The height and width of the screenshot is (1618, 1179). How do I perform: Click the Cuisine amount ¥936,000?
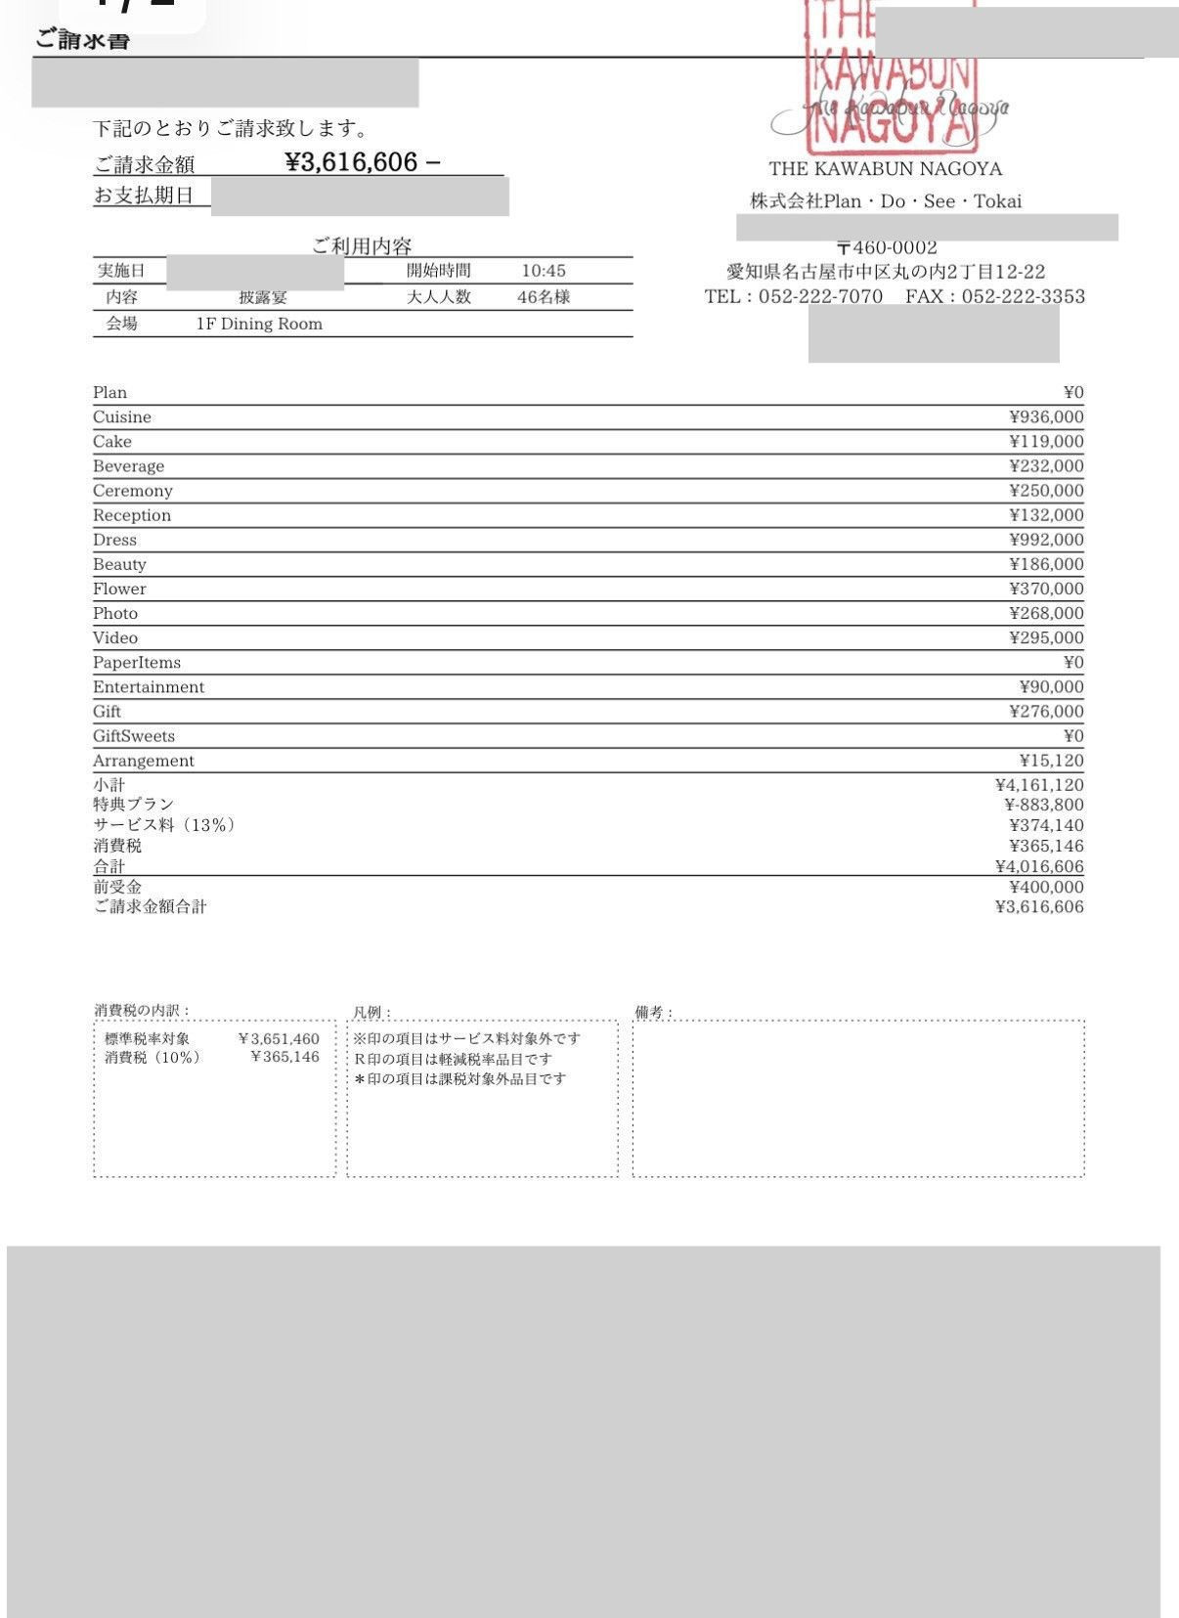(x=1046, y=417)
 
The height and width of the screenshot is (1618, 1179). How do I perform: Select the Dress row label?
(x=114, y=540)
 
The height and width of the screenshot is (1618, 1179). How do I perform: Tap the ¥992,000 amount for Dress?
(x=1046, y=540)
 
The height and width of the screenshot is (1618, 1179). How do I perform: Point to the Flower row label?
(x=119, y=589)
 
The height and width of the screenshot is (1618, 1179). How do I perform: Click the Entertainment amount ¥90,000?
(x=1051, y=687)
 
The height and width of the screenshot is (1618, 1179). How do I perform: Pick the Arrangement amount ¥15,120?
(x=1051, y=761)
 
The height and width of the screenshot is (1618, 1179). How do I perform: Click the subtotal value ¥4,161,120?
(x=1038, y=785)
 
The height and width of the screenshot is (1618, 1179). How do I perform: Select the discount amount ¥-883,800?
(x=1043, y=805)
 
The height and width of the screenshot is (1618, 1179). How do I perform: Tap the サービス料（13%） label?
(x=164, y=825)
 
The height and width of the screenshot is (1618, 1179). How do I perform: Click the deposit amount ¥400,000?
(x=1046, y=887)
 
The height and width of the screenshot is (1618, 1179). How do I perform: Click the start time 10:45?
(x=544, y=271)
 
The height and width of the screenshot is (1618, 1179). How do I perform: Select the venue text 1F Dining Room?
(x=259, y=324)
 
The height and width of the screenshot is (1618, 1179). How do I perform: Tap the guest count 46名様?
(x=544, y=297)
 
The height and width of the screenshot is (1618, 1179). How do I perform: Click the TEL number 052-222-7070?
(x=820, y=296)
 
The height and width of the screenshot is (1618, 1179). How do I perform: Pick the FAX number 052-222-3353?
(x=1023, y=296)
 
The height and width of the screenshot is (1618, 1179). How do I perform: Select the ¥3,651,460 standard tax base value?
(x=279, y=1039)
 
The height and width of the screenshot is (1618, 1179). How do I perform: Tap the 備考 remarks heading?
(x=653, y=1012)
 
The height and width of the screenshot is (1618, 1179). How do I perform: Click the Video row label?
(x=115, y=637)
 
